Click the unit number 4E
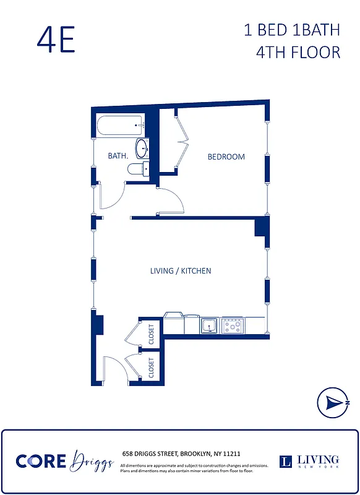(56, 40)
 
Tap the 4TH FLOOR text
(298, 51)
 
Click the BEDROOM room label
(226, 157)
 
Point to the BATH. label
(118, 156)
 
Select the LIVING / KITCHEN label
(181, 271)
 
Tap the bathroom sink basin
(142, 148)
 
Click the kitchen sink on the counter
(209, 325)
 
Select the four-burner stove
(233, 325)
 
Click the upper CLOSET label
(152, 334)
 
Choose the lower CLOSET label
(152, 368)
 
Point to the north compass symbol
(333, 403)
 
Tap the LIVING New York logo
(309, 461)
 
